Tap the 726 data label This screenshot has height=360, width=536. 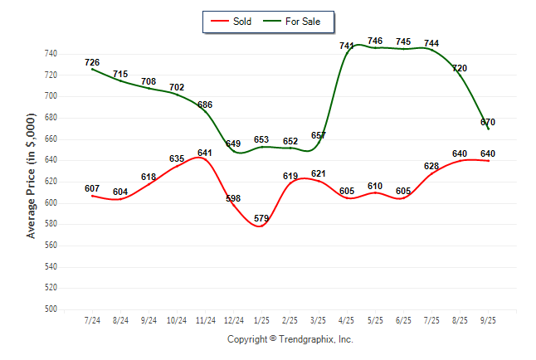coord(92,62)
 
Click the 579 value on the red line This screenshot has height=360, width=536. coord(261,218)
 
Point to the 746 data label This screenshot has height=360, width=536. coord(375,41)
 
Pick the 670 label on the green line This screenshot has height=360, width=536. coord(488,122)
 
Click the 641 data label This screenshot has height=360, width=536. coord(205,153)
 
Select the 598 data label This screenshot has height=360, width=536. coord(233,198)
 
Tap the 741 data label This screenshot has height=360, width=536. coord(347,46)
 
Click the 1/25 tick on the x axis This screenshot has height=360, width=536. coord(261,319)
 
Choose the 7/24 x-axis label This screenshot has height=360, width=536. coord(92,319)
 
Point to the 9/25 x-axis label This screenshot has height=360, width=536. coord(488,319)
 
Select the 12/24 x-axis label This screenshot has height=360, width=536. coord(233,319)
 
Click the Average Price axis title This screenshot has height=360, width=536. coord(31,182)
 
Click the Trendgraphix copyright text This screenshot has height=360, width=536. coord(290,339)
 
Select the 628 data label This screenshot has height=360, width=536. coord(431,166)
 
